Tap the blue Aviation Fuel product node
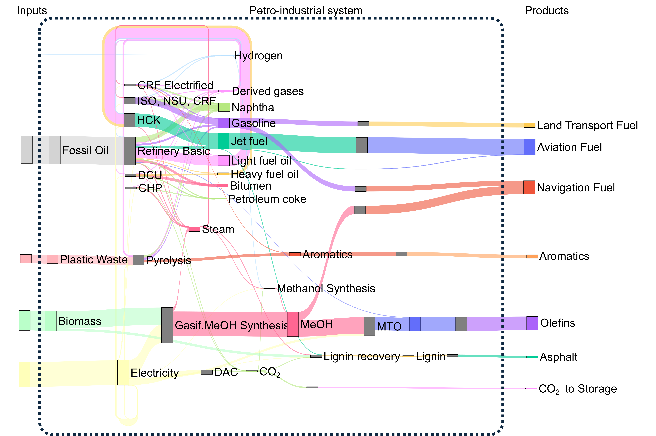pos(529,147)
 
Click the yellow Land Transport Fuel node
pos(529,125)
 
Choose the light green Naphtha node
pos(224,107)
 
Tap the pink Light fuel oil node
pos(224,160)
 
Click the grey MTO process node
pos(369,326)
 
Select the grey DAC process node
pos(207,372)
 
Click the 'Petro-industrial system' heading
pos(306,11)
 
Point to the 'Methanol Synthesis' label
pos(326,289)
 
